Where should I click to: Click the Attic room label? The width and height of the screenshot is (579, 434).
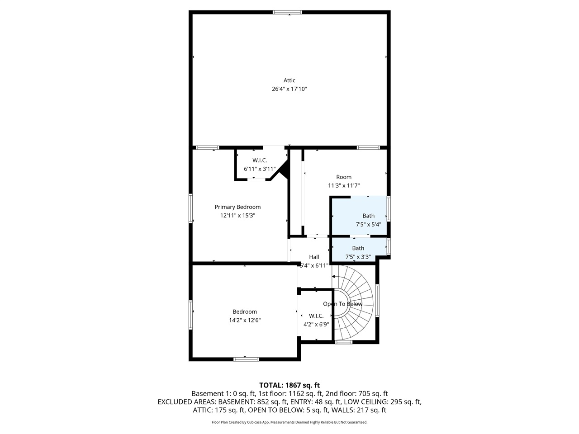(289, 80)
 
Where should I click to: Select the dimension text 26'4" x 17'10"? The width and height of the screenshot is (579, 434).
(289, 89)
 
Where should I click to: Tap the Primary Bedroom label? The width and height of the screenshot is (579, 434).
(237, 207)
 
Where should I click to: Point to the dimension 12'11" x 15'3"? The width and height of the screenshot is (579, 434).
(237, 216)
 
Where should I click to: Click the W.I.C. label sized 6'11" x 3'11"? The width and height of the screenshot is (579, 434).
(260, 160)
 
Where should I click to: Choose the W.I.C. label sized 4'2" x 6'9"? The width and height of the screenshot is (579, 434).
(316, 316)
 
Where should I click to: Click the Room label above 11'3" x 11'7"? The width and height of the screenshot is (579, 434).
(344, 177)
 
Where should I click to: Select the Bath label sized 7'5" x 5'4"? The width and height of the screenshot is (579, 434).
(368, 216)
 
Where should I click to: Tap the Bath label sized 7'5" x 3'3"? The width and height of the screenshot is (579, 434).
(358, 248)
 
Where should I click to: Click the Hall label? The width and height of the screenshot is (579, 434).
(314, 257)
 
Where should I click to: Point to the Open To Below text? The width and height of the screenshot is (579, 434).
(342, 304)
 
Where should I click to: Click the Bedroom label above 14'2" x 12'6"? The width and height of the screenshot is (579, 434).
(245, 311)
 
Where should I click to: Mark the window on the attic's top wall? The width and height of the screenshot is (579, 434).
(287, 12)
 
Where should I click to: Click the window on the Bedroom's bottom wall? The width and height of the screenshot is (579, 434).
(246, 359)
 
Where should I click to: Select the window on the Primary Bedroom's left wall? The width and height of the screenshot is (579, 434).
(191, 208)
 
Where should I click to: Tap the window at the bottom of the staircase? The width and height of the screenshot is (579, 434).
(344, 342)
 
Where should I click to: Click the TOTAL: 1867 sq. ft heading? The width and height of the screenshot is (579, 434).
(289, 385)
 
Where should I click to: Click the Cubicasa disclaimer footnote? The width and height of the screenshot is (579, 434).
(289, 422)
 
